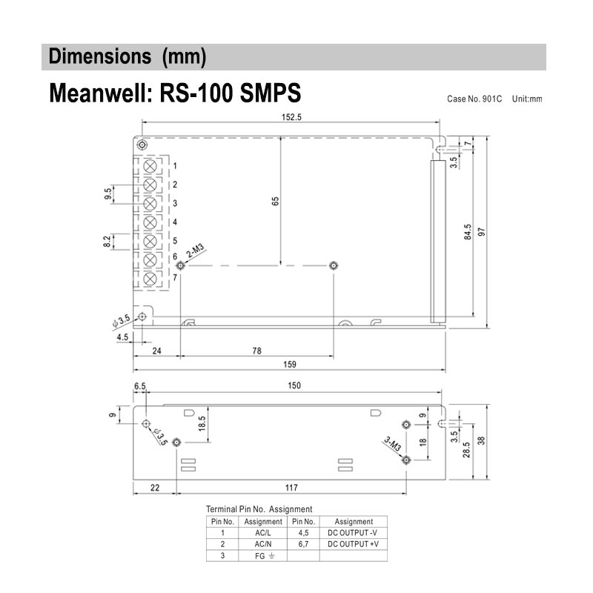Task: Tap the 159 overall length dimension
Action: point(290,364)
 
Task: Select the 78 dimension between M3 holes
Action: point(256,351)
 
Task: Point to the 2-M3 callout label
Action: point(196,251)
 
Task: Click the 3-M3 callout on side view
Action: point(392,444)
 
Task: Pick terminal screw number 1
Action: point(150,165)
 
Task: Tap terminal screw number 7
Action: point(150,279)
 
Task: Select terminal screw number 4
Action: point(150,222)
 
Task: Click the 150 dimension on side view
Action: point(294,385)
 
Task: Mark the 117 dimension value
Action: point(291,487)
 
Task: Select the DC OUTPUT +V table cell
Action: point(353,543)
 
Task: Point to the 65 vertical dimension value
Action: point(275,202)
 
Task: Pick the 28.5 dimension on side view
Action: point(467,451)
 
